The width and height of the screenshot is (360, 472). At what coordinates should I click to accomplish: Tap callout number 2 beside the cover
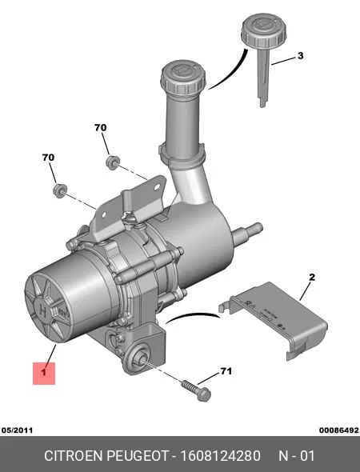pyautogui.click(x=312, y=277)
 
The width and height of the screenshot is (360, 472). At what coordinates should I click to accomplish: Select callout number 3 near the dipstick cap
pyautogui.click(x=301, y=56)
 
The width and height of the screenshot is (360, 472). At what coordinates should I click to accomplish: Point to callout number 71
pyautogui.click(x=226, y=371)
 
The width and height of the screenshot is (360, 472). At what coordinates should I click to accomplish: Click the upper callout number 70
pyautogui.click(x=101, y=128)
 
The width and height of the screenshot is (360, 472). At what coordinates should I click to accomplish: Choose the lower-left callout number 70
pyautogui.click(x=48, y=157)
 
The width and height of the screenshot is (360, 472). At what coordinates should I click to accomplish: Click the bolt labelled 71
pyautogui.click(x=196, y=391)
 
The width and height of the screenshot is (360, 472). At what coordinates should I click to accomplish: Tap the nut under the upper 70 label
pyautogui.click(x=113, y=162)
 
